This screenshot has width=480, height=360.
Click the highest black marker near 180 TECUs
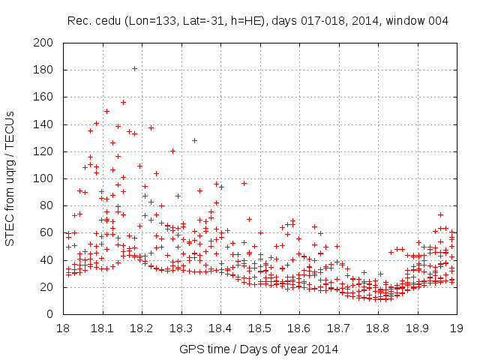[134, 68]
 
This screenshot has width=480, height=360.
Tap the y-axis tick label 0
[50, 314]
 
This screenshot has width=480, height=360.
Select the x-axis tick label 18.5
[259, 328]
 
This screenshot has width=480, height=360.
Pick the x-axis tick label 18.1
[102, 328]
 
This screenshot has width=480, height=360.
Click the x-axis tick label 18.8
[377, 328]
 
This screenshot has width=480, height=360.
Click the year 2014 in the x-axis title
[326, 349]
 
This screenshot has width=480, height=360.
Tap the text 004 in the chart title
[438, 21]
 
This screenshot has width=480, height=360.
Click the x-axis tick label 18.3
[181, 328]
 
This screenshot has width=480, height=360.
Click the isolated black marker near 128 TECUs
[194, 140]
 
